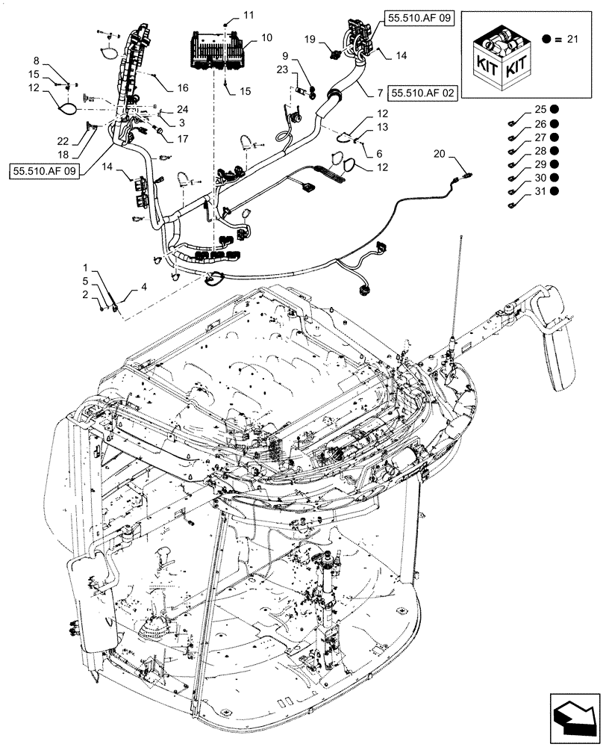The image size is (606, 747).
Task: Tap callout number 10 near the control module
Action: coord(266,37)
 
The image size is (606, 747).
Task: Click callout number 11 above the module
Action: coord(248,15)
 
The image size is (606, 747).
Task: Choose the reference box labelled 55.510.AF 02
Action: coord(422,92)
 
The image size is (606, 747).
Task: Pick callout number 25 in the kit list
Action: coord(540,111)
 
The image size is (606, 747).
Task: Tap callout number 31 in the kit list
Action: coord(540,191)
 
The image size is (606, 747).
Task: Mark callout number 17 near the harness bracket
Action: coord(184,138)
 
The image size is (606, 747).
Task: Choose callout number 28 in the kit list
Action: coord(540,151)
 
